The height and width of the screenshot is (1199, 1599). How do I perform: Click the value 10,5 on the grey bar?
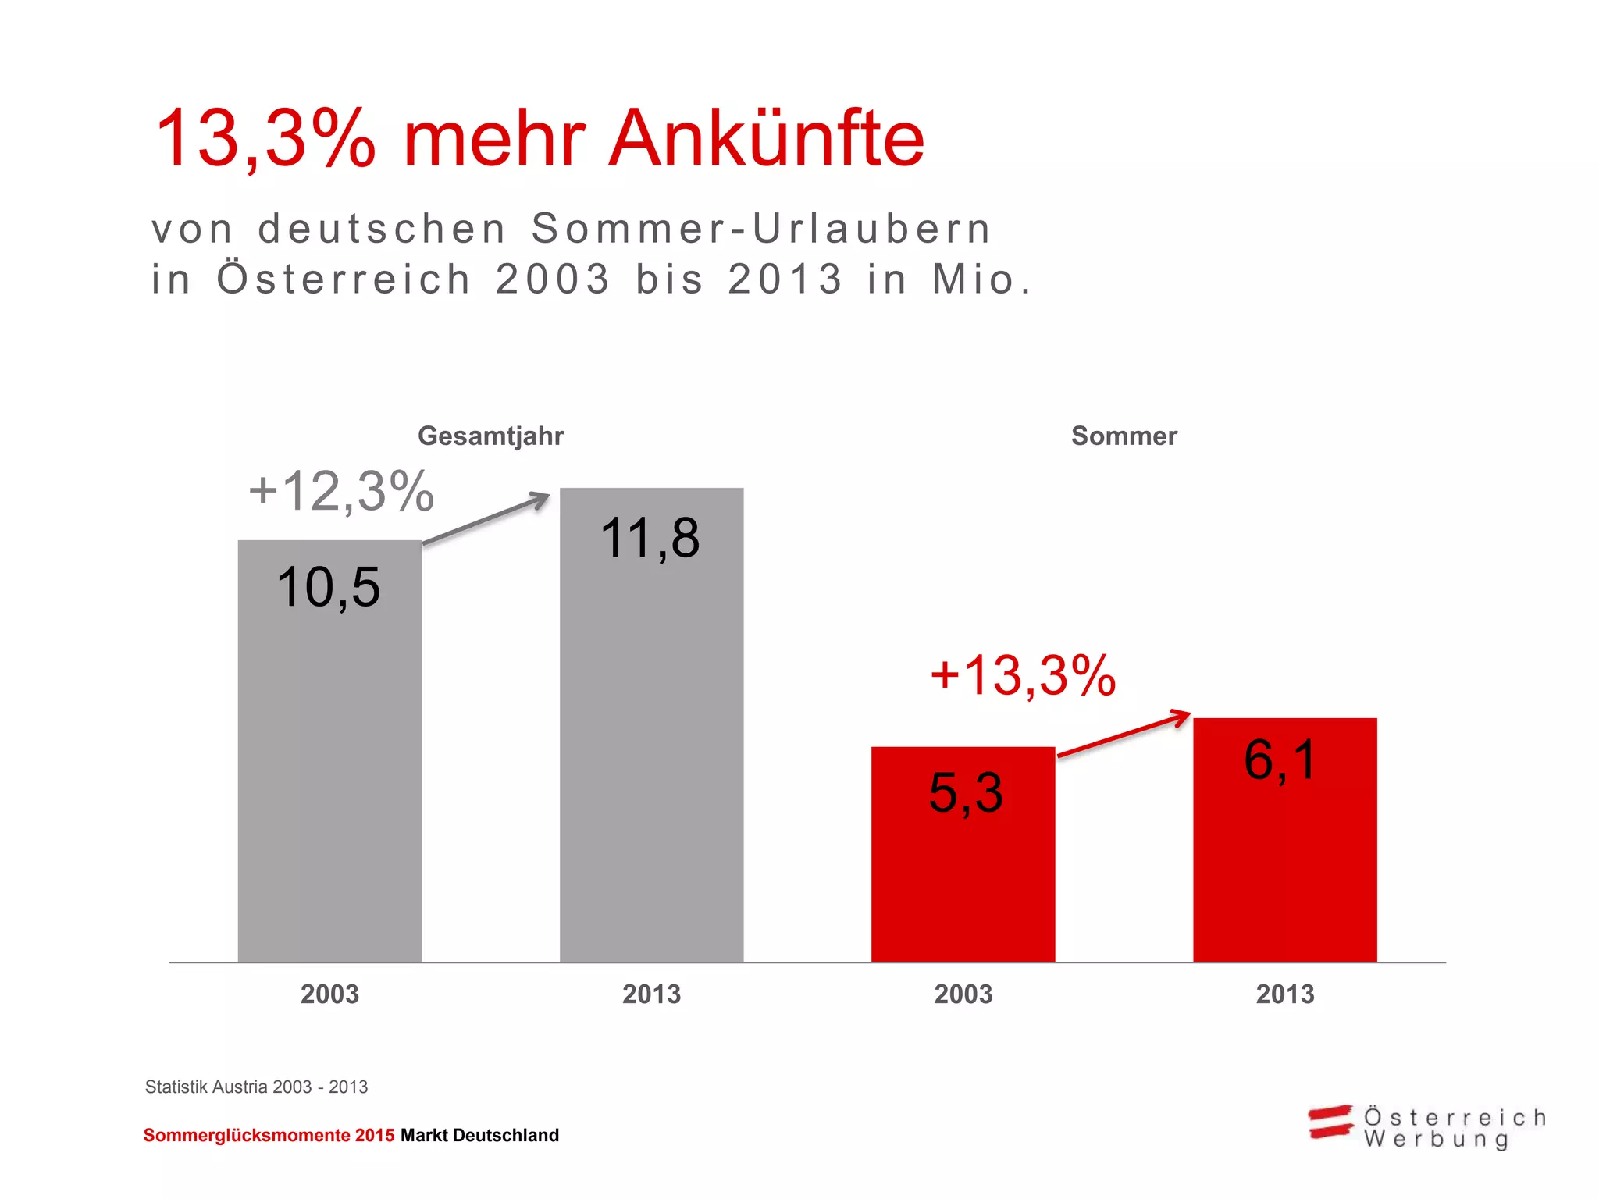pyautogui.click(x=328, y=587)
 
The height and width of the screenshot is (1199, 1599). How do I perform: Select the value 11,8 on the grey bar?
pyautogui.click(x=650, y=539)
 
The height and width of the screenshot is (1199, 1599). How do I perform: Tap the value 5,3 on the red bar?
pyautogui.click(x=966, y=793)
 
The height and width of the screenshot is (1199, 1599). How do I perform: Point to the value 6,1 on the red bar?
pyautogui.click(x=1280, y=760)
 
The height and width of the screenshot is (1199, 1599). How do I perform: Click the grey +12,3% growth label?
pyautogui.click(x=341, y=492)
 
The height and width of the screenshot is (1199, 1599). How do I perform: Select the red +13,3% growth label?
pyautogui.click(x=1023, y=675)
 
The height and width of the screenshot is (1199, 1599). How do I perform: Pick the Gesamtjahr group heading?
pyautogui.click(x=490, y=436)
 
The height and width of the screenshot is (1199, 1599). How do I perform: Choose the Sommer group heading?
pyautogui.click(x=1124, y=436)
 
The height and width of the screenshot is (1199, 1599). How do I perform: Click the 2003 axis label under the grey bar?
pyautogui.click(x=329, y=994)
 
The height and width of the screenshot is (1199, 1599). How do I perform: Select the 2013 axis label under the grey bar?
pyautogui.click(x=651, y=994)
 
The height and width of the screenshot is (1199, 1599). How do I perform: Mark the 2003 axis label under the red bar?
pyautogui.click(x=963, y=994)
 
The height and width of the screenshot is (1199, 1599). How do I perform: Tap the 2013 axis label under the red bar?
pyautogui.click(x=1285, y=994)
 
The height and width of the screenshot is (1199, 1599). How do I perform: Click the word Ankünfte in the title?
pyautogui.click(x=766, y=138)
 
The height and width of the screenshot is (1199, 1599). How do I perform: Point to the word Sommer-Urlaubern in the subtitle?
pyautogui.click(x=761, y=229)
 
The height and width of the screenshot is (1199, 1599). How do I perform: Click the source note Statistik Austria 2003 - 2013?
pyautogui.click(x=256, y=1087)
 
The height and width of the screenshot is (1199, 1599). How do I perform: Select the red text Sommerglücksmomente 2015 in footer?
pyautogui.click(x=269, y=1136)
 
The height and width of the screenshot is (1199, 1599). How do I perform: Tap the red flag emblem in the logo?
pyautogui.click(x=1330, y=1122)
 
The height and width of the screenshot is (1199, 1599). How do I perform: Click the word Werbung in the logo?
pyautogui.click(x=1436, y=1140)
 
